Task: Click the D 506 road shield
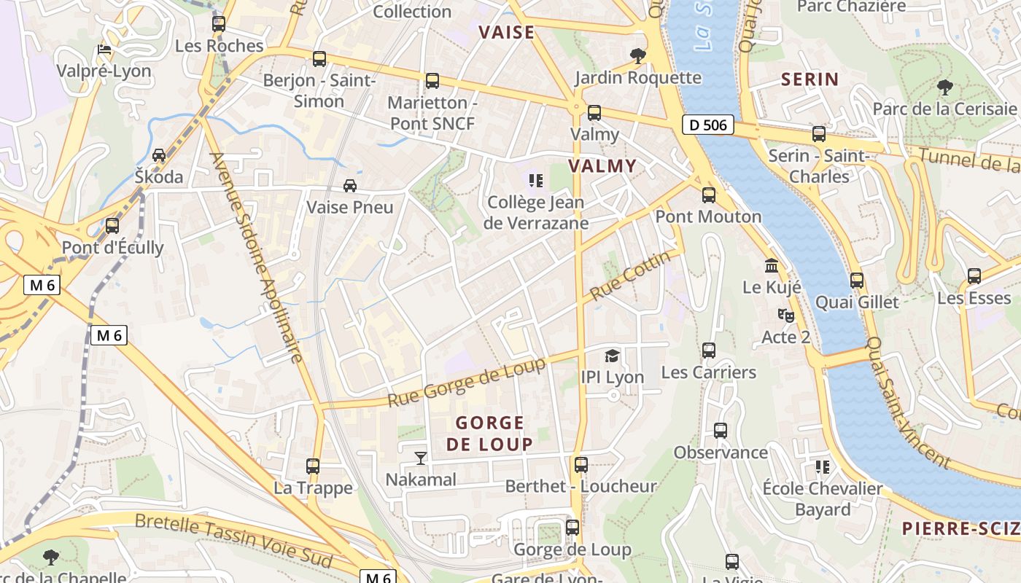pyautogui.click(x=708, y=125)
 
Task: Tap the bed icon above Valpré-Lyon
pyautogui.click(x=104, y=50)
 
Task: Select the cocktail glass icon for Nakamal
pyautogui.click(x=421, y=458)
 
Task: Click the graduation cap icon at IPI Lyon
pyautogui.click(x=612, y=356)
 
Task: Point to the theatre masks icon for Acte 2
pyautogui.click(x=785, y=316)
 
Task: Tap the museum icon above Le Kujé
pyautogui.click(x=772, y=266)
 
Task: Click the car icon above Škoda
pyautogui.click(x=159, y=155)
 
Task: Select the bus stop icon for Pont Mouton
pyautogui.click(x=708, y=195)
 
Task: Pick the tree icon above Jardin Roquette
pyautogui.click(x=637, y=56)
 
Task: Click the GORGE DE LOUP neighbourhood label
pyautogui.click(x=489, y=433)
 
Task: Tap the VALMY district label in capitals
pyautogui.click(x=602, y=166)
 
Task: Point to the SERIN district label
pyautogui.click(x=810, y=79)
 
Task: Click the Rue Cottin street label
pyautogui.click(x=630, y=276)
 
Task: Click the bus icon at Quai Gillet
pyautogui.click(x=857, y=281)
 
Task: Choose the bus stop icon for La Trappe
pyautogui.click(x=313, y=466)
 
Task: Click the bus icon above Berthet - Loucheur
pyautogui.click(x=581, y=465)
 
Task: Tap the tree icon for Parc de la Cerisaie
pyautogui.click(x=944, y=87)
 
